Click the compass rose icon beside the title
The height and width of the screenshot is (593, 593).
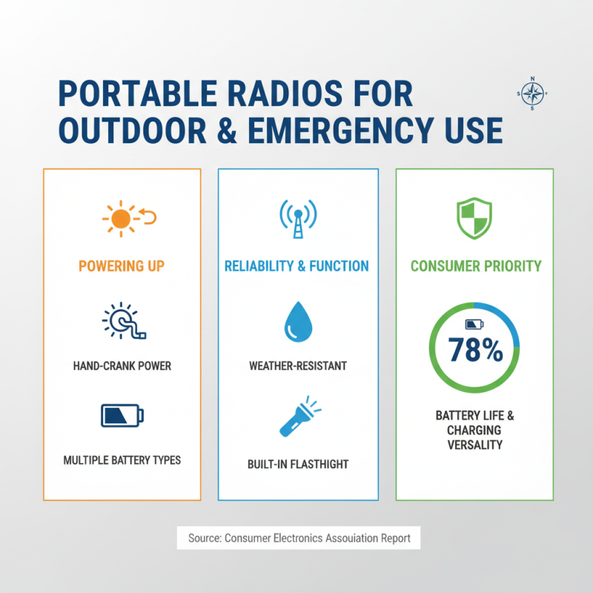click(531, 93)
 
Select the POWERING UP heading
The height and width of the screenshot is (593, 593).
click(122, 266)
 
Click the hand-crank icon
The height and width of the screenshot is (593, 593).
click(122, 322)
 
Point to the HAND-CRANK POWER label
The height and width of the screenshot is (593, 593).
click(122, 365)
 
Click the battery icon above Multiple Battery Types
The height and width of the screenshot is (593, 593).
click(122, 417)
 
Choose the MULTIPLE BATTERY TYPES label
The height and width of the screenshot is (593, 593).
click(122, 460)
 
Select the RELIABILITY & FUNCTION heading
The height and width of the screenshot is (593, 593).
click(298, 266)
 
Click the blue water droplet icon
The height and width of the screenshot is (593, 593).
click(298, 323)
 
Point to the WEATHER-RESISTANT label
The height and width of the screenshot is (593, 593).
click(298, 365)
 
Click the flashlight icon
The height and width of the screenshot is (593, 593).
click(297, 417)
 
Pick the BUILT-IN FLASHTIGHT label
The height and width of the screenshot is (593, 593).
click(298, 465)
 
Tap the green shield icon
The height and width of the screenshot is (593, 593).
click(474, 218)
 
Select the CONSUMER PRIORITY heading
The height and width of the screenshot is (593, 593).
click(474, 266)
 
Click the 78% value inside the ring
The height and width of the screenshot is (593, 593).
click(474, 351)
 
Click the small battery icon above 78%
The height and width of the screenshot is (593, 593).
click(473, 325)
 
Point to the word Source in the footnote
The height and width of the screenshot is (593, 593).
click(203, 538)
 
